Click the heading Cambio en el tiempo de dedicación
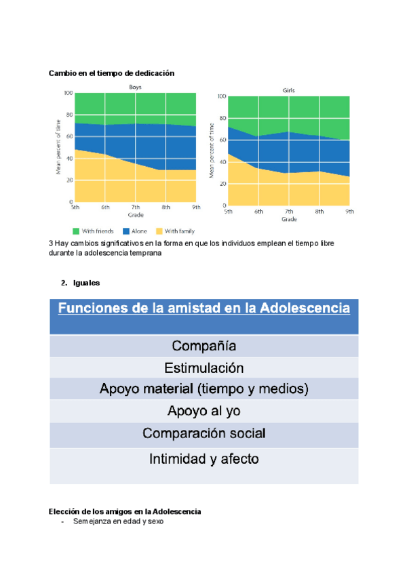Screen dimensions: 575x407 [x=112, y=73]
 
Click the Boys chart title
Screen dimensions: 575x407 [x=136, y=87]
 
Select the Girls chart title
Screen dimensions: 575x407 [x=288, y=90]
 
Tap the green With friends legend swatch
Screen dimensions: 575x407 [x=76, y=231]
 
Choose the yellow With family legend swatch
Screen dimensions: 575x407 [x=160, y=231]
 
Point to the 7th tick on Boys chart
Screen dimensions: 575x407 [x=136, y=207]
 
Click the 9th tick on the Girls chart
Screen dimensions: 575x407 [x=349, y=212]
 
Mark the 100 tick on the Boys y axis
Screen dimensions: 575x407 [x=69, y=93]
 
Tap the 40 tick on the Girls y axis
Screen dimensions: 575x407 [x=222, y=162]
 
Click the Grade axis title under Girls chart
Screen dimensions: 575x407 [x=289, y=219]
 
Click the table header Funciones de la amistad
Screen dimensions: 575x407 [x=203, y=309]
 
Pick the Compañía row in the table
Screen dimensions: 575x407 [x=203, y=346]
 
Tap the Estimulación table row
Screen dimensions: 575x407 [x=203, y=368]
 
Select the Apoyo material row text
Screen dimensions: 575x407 [x=203, y=389]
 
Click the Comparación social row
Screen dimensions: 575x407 [x=203, y=433]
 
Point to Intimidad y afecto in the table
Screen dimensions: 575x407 [x=203, y=459]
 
